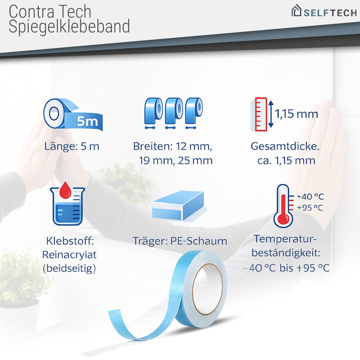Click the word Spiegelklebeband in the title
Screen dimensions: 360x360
69,27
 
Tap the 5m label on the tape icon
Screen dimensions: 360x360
87,122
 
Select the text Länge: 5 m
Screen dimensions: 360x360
72,147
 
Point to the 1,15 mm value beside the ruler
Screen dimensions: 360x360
297,114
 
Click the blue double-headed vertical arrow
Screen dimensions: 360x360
271,114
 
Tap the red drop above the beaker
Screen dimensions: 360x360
66,190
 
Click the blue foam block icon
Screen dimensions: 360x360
178,206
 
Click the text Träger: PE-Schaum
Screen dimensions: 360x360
180,241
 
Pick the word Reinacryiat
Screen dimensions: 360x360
69,255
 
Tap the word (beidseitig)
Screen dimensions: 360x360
69,268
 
